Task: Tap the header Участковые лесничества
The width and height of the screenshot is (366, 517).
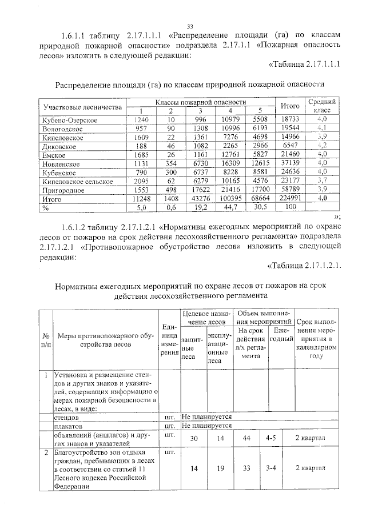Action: click(82, 107)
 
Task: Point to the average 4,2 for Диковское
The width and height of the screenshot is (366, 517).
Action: click(322, 146)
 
